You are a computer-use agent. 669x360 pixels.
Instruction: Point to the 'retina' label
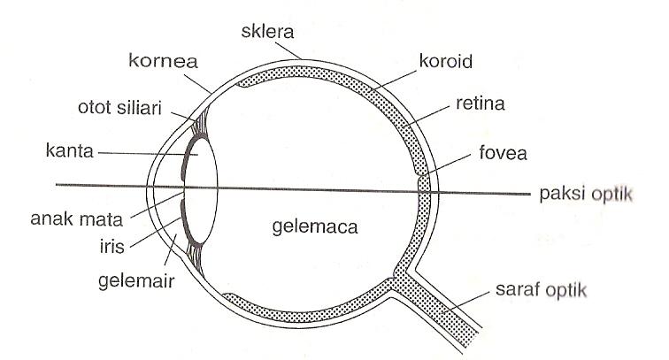tap(481, 106)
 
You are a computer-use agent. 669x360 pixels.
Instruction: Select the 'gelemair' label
tap(135, 283)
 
